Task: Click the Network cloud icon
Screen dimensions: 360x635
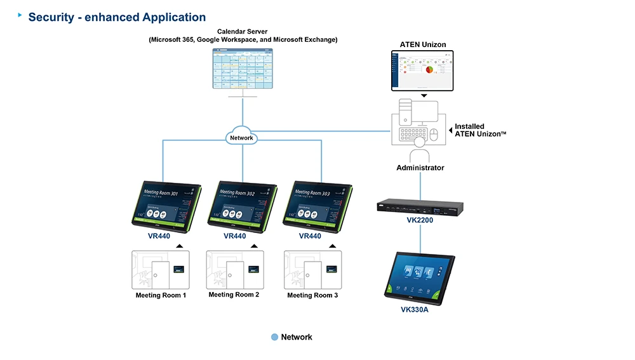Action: pyautogui.click(x=242, y=137)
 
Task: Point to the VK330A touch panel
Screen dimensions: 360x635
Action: pyautogui.click(x=420, y=275)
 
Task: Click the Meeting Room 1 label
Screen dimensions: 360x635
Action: pyautogui.click(x=161, y=295)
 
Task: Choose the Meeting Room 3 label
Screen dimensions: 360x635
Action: pyautogui.click(x=312, y=295)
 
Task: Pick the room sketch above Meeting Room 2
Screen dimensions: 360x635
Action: pyautogui.click(x=235, y=269)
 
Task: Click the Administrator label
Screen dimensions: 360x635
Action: pyautogui.click(x=420, y=168)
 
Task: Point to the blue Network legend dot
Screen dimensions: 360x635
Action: pyautogui.click(x=274, y=337)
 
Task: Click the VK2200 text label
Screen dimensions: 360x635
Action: pyautogui.click(x=420, y=220)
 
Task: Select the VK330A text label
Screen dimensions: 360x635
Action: pyautogui.click(x=420, y=310)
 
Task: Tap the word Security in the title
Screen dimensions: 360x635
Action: pyautogui.click(x=51, y=18)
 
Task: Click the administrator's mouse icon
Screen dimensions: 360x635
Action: pyautogui.click(x=434, y=135)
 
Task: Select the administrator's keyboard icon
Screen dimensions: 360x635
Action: pyautogui.click(x=413, y=135)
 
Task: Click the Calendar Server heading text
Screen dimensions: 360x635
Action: pyautogui.click(x=243, y=31)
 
